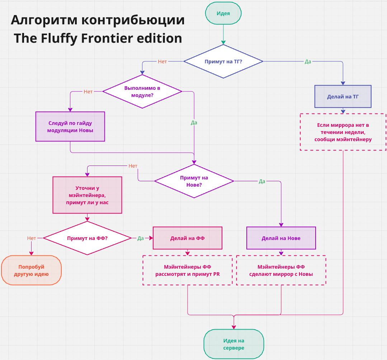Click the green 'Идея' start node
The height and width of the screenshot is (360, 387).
click(223, 13)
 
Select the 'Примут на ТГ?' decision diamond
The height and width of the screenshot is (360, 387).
click(223, 61)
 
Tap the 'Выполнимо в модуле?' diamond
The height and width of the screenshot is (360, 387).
click(142, 91)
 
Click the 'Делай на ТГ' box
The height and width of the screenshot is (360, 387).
click(343, 97)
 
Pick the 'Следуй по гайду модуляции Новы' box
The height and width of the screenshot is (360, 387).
click(70, 126)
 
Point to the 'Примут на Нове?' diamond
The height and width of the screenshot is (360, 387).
click(194, 181)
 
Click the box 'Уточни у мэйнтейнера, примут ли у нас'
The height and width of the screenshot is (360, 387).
click(87, 195)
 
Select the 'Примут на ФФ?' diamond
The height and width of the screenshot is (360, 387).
click(87, 238)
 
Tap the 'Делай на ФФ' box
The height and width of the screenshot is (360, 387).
click(187, 238)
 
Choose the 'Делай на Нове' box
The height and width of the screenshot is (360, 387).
click(281, 238)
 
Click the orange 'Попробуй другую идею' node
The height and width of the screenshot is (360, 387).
click(31, 270)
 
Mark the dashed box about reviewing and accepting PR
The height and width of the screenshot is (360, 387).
click(187, 270)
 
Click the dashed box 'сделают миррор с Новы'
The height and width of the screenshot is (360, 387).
click(281, 270)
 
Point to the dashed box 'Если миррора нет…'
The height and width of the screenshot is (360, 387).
click(343, 132)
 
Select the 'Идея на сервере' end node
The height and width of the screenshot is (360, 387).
click(233, 344)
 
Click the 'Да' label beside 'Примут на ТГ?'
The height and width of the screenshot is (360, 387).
click(308, 61)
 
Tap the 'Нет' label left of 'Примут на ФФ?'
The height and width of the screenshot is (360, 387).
click(31, 238)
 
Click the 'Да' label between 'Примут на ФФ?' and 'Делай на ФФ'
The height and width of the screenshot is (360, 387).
click(141, 238)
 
